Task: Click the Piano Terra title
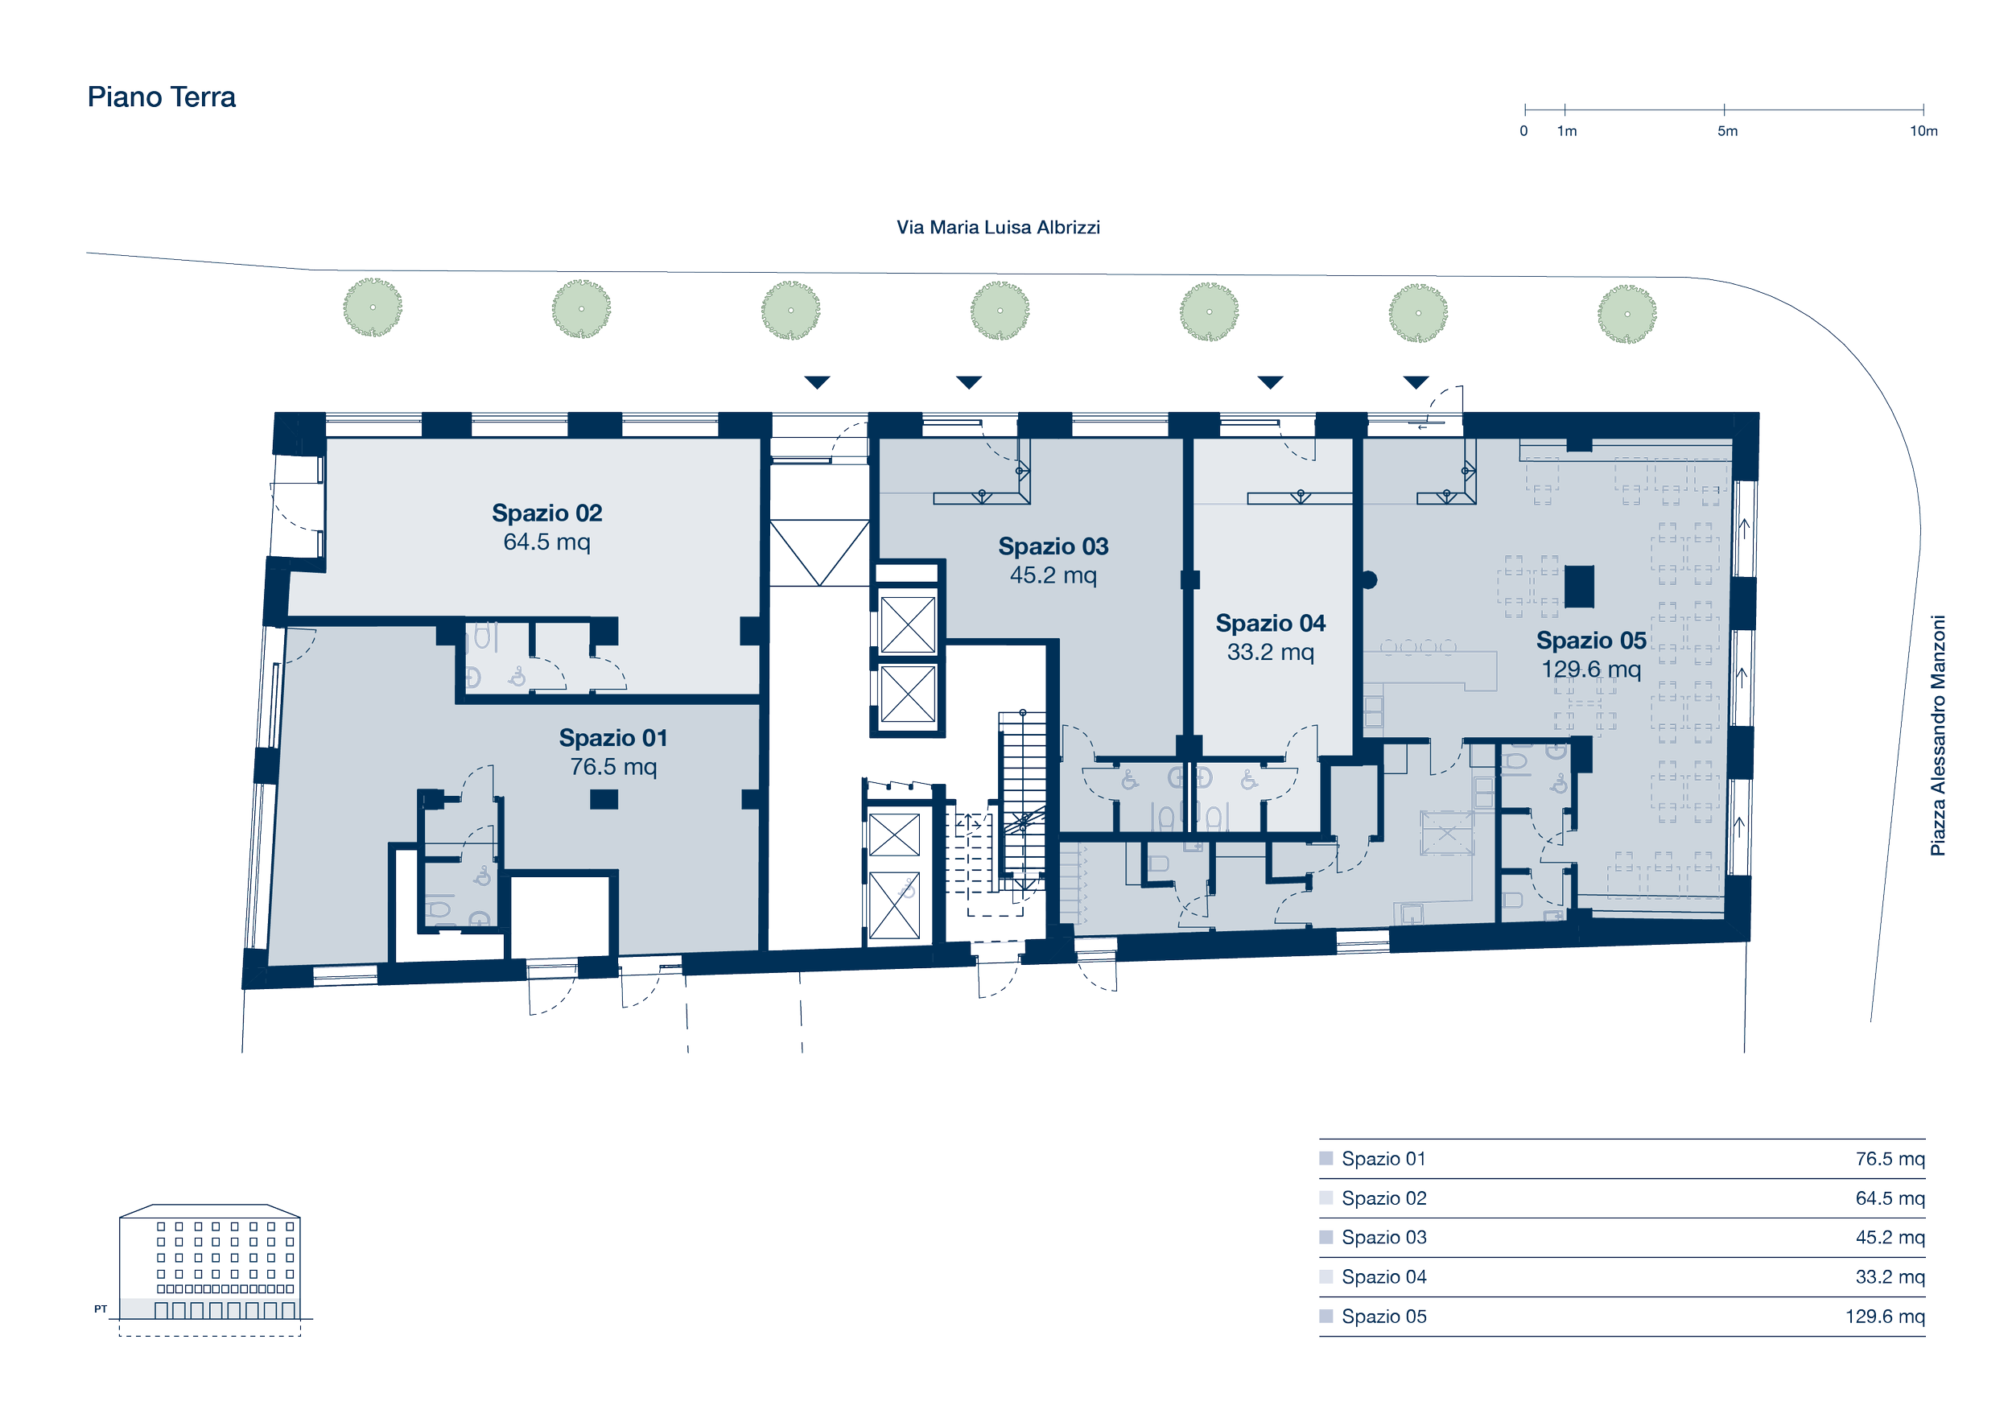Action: [x=161, y=97]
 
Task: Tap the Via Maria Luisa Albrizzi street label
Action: [x=998, y=228]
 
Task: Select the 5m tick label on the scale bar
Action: [x=1727, y=131]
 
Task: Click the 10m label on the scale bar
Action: [x=1923, y=131]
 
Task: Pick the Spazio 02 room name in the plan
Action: [x=546, y=513]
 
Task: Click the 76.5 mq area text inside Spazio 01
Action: [x=613, y=767]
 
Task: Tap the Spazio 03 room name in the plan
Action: [x=1053, y=546]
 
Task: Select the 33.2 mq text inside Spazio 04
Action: [x=1271, y=652]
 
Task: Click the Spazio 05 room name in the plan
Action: [x=1591, y=641]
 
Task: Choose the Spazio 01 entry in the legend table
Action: [x=1383, y=1159]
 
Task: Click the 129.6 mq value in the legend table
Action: [x=1885, y=1317]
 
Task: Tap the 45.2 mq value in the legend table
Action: [x=1890, y=1238]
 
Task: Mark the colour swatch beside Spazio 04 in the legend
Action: [x=1326, y=1276]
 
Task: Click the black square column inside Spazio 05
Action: [x=1579, y=586]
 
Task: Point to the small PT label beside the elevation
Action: [x=101, y=1309]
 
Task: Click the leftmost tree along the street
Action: [x=373, y=307]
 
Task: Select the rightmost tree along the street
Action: [x=1627, y=314]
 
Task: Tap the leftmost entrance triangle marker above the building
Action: [x=817, y=383]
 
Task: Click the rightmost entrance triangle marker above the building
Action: [x=1416, y=383]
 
